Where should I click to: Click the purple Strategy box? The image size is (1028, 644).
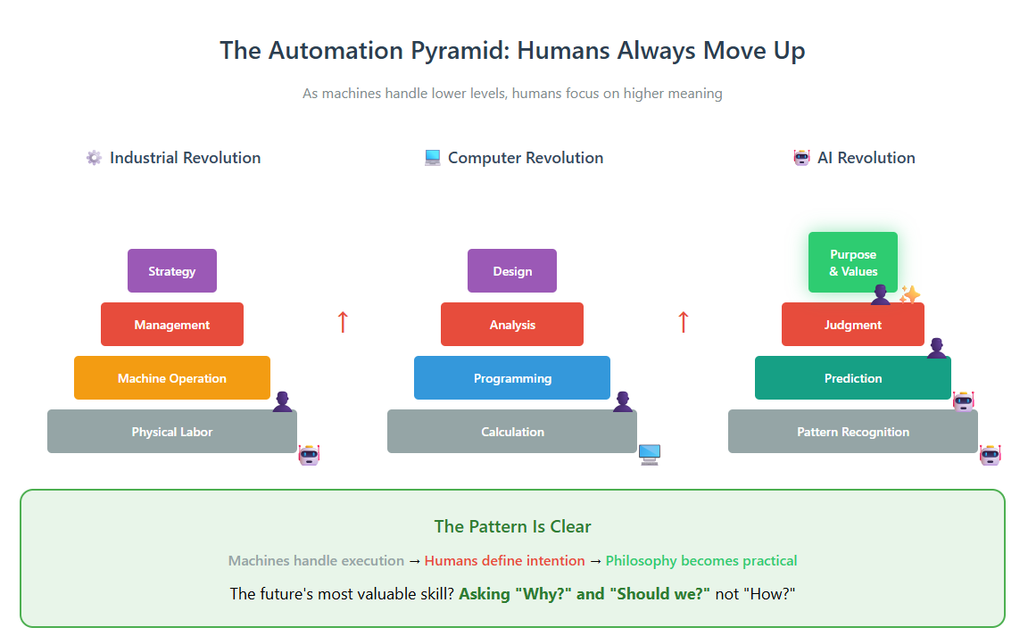coord(171,270)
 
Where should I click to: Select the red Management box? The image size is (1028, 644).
coord(171,325)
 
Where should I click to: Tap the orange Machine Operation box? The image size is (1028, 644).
coord(171,378)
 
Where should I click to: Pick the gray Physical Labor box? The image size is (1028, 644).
coord(171,432)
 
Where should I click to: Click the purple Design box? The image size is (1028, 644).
coord(512,270)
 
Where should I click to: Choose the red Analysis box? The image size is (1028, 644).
coord(512,325)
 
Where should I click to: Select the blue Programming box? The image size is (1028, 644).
coord(512,378)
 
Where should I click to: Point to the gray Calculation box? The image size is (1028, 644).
coord(512,432)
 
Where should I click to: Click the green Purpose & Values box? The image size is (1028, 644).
coord(853,262)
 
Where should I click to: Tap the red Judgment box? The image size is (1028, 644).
coord(853,325)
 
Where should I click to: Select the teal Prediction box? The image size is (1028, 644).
coord(853,378)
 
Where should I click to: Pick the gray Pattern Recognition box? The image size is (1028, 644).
coord(853,432)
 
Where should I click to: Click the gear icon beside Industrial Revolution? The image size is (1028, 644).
coord(95,158)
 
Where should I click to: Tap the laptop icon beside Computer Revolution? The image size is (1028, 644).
coord(433,158)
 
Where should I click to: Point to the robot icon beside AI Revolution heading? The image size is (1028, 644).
coord(802,158)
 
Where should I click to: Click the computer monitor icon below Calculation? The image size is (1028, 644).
coord(650,455)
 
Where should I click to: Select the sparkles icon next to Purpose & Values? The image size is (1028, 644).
coord(909,295)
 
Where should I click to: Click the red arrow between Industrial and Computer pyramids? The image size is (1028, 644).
coord(343,322)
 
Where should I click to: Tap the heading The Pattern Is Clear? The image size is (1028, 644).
coord(513,527)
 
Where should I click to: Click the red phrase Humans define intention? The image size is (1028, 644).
coord(504,561)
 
